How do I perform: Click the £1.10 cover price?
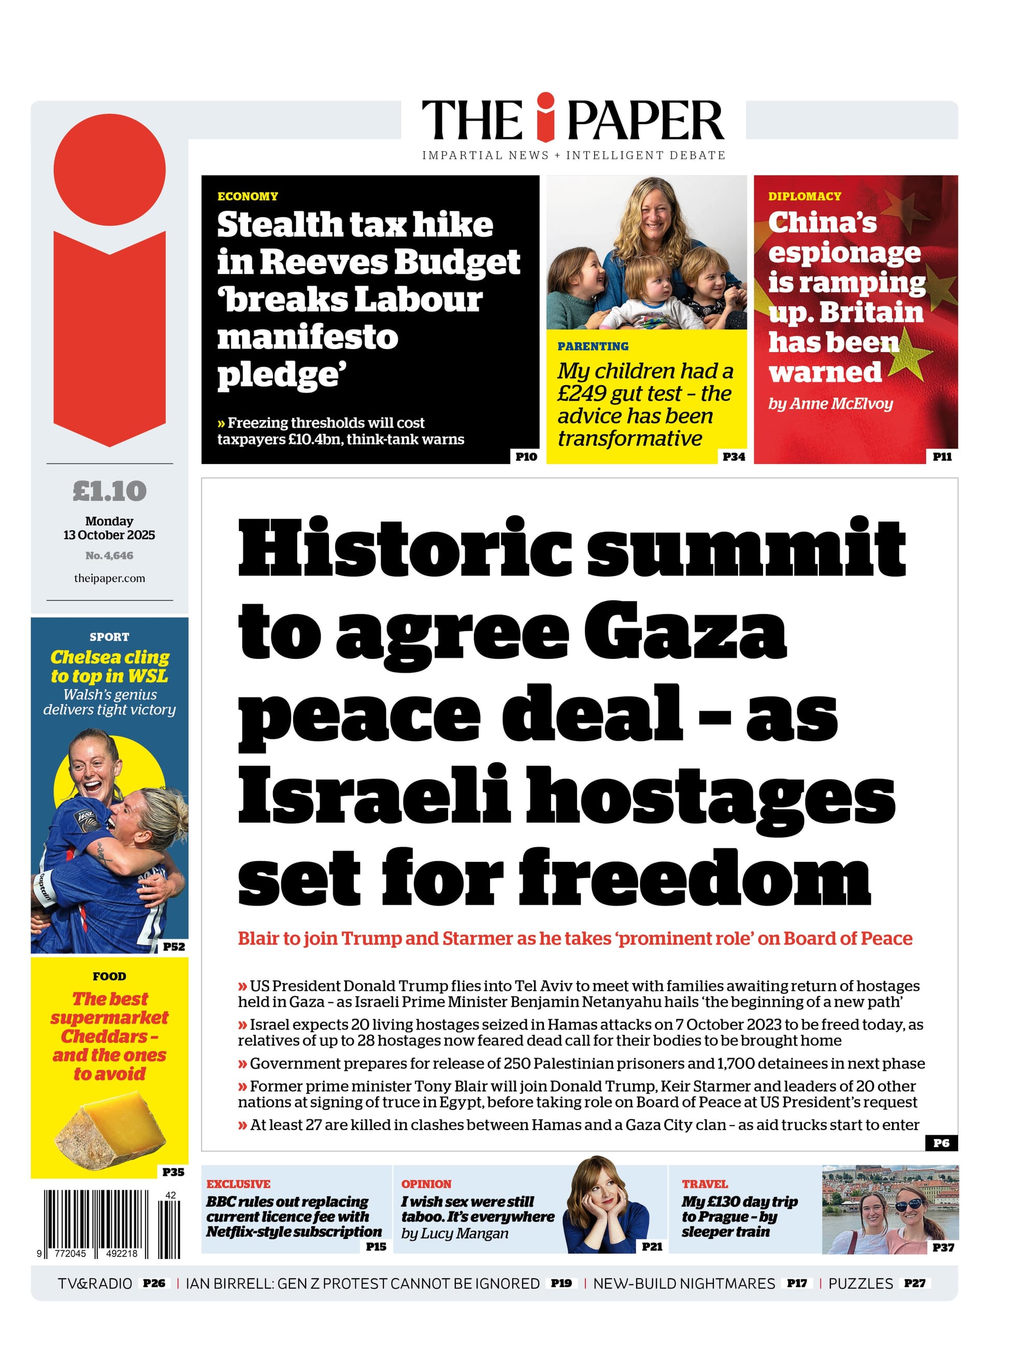pyautogui.click(x=110, y=491)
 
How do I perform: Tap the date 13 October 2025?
pyautogui.click(x=109, y=535)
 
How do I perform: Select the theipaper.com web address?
pyautogui.click(x=110, y=579)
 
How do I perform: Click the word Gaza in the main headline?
pyautogui.click(x=685, y=633)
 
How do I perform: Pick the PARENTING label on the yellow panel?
pyautogui.click(x=593, y=346)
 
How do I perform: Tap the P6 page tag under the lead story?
pyautogui.click(x=941, y=1143)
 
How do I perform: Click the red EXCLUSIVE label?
pyautogui.click(x=238, y=1184)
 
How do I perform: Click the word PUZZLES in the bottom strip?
pyautogui.click(x=860, y=1283)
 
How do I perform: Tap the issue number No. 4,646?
pyautogui.click(x=109, y=556)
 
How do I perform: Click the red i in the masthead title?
pyautogui.click(x=545, y=118)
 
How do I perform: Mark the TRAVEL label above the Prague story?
pyautogui.click(x=704, y=1184)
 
